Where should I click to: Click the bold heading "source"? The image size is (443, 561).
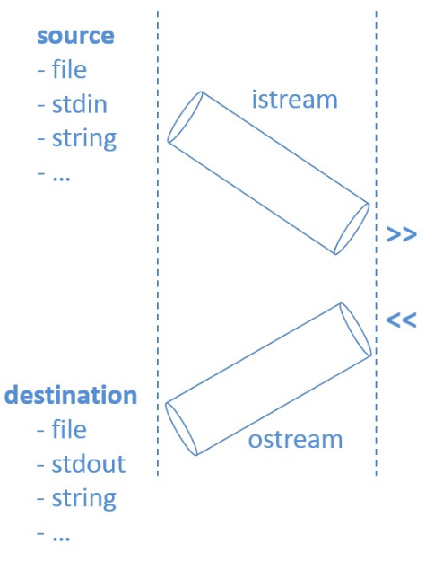(75, 36)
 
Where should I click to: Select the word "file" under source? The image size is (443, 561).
(69, 69)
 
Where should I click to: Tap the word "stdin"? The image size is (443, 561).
(80, 104)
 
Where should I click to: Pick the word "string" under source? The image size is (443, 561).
(84, 139)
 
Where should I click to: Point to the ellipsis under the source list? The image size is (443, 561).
(61, 178)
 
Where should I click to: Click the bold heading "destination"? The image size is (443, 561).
(71, 395)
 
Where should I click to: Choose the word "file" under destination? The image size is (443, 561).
(69, 429)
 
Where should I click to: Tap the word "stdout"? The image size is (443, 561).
(89, 464)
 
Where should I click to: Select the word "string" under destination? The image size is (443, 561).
(84, 499)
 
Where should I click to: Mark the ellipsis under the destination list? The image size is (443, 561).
(61, 538)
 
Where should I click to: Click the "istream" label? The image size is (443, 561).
(295, 100)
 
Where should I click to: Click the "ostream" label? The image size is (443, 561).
(295, 440)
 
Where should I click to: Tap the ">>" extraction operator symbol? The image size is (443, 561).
(402, 234)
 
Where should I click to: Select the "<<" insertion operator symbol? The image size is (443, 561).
(402, 320)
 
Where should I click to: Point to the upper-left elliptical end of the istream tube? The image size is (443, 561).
(185, 117)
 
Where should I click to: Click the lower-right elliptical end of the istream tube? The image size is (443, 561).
(352, 229)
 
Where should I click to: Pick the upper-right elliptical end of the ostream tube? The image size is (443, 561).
(356, 329)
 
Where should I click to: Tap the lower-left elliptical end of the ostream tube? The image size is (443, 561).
(181, 429)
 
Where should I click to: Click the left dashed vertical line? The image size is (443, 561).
(158, 243)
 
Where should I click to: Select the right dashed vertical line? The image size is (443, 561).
(376, 243)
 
